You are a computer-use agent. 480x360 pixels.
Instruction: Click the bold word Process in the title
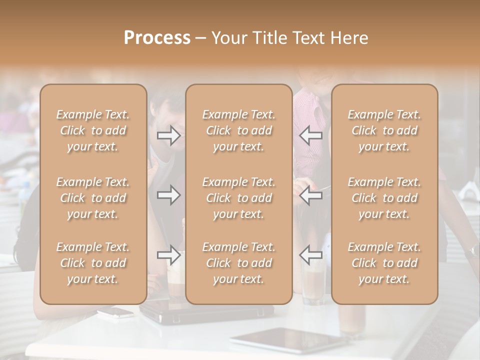pyautogui.click(x=157, y=38)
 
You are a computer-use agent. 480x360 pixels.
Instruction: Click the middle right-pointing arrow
pyautogui.click(x=169, y=195)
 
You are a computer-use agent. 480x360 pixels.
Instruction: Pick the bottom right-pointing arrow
pyautogui.click(x=169, y=255)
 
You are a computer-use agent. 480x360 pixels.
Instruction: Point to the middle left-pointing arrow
pyautogui.click(x=310, y=195)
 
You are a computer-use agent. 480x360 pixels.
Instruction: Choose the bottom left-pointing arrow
pyautogui.click(x=310, y=255)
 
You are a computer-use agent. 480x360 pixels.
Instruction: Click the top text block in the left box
pyautogui.click(x=93, y=130)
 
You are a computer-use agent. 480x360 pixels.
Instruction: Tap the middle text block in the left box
pyautogui.click(x=93, y=198)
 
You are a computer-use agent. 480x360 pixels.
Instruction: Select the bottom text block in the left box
pyautogui.click(x=93, y=263)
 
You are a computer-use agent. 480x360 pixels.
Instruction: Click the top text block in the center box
pyautogui.click(x=238, y=130)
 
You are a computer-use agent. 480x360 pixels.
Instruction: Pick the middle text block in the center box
pyautogui.click(x=238, y=198)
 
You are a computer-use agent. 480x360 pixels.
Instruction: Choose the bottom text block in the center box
pyautogui.click(x=238, y=263)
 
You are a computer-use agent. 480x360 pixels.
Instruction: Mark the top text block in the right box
pyautogui.click(x=384, y=130)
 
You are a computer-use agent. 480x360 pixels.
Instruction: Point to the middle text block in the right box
pyautogui.click(x=384, y=198)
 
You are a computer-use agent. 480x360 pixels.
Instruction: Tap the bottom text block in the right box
pyautogui.click(x=384, y=263)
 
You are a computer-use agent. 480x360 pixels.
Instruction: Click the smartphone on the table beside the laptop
pyautogui.click(x=115, y=312)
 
